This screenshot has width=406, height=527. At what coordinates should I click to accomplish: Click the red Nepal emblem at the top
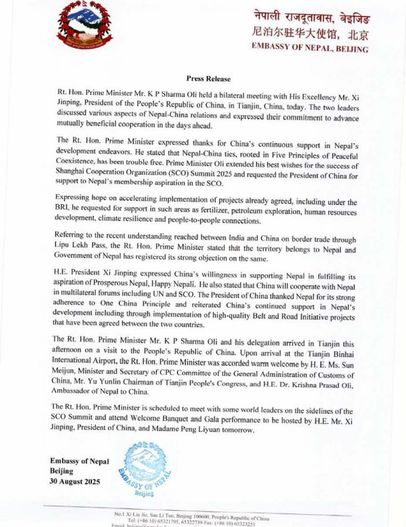click(x=84, y=25)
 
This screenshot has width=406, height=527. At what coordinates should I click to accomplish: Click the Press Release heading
click(x=208, y=79)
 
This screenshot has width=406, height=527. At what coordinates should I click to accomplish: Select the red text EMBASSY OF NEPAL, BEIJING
click(x=310, y=48)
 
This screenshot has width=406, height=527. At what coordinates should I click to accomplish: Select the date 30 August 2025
click(x=75, y=481)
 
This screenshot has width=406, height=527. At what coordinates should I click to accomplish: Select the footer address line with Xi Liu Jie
click(x=191, y=514)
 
